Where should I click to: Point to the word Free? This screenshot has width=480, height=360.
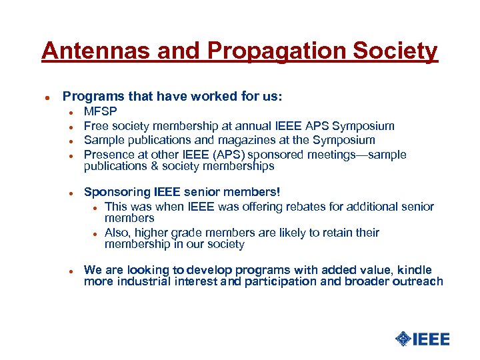tap(96, 126)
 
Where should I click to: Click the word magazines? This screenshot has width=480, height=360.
tap(233, 140)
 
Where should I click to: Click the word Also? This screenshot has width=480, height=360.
tap(117, 233)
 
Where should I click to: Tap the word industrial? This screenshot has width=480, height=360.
tap(143, 281)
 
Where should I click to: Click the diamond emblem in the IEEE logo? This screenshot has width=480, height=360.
tap(403, 339)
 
